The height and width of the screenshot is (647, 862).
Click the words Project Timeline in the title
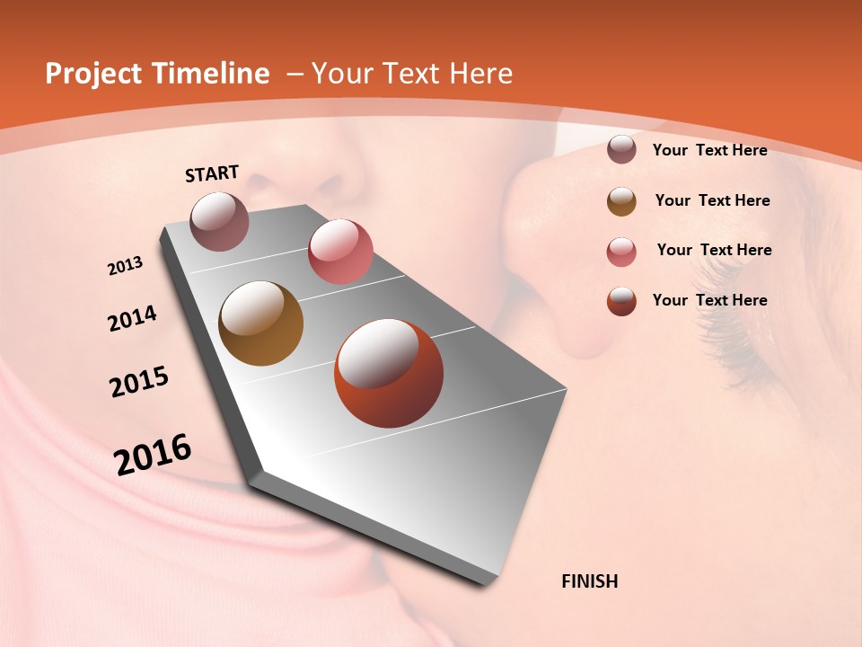pos(157,74)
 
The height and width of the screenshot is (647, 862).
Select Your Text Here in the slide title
pos(412,74)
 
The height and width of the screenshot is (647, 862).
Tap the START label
pos(212,173)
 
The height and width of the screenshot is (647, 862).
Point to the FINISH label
pos(590,581)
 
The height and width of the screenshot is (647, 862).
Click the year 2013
pos(126,266)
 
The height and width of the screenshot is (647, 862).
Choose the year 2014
pos(132,318)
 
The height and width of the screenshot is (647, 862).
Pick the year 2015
pos(139,382)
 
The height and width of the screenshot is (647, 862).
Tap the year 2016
pos(153,455)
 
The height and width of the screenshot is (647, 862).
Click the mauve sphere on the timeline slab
pos(220,221)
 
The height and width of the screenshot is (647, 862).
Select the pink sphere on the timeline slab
pos(340,252)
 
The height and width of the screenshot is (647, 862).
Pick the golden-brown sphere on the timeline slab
pos(260,323)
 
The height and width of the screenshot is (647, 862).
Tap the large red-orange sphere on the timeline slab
pos(389,373)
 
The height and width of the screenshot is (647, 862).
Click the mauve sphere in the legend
pos(621,150)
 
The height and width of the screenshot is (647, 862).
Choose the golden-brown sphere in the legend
pos(621,201)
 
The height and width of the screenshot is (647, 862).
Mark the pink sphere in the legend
pos(621,252)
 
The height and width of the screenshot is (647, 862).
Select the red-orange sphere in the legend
pos(621,301)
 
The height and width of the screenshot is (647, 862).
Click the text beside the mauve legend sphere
pos(709,150)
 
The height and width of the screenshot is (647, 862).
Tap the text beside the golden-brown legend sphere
pos(712,200)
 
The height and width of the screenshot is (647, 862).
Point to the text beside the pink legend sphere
pos(714,250)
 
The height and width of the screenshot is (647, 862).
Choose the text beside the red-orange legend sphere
pos(709,300)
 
